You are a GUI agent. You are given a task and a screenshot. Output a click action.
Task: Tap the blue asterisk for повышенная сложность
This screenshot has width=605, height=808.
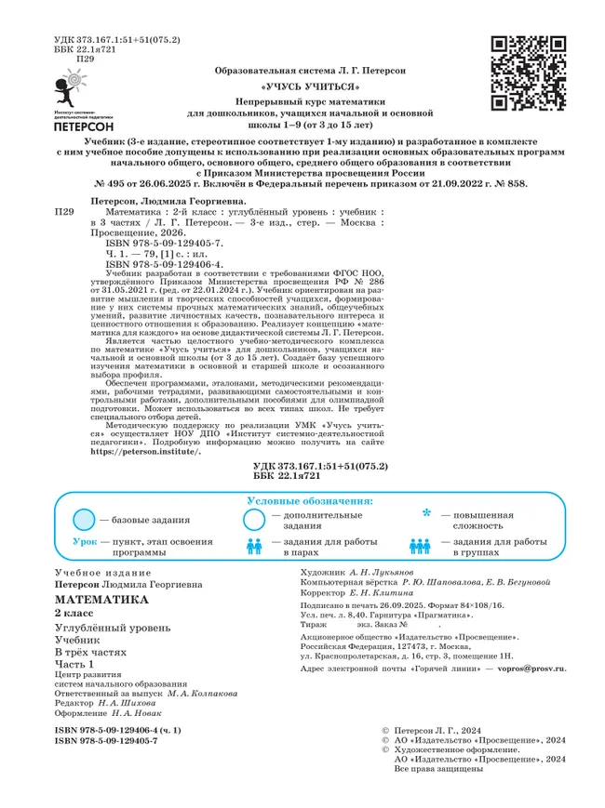[x=426, y=513]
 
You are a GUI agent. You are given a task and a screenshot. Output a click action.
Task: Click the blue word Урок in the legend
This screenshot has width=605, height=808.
[x=83, y=540]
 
